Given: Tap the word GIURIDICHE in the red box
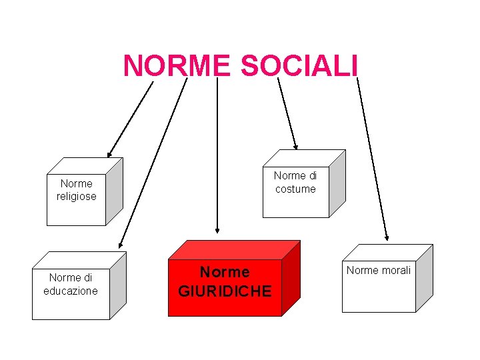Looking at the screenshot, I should (x=225, y=291).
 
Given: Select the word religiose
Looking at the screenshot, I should (x=77, y=197).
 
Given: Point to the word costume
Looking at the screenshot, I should (x=295, y=189).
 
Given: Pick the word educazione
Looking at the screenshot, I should (x=71, y=291).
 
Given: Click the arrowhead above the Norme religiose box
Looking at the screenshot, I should (x=111, y=153).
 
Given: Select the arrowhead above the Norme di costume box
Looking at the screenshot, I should (x=295, y=145).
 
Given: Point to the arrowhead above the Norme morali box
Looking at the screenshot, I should (x=386, y=236).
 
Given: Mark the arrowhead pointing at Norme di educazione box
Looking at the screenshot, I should (x=121, y=245).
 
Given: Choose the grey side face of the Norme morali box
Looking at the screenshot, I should (x=424, y=278).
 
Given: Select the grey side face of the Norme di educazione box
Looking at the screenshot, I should (x=118, y=285).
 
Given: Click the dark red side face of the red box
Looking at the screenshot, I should (x=291, y=278).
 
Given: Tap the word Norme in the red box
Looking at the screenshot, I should (x=225, y=272).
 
